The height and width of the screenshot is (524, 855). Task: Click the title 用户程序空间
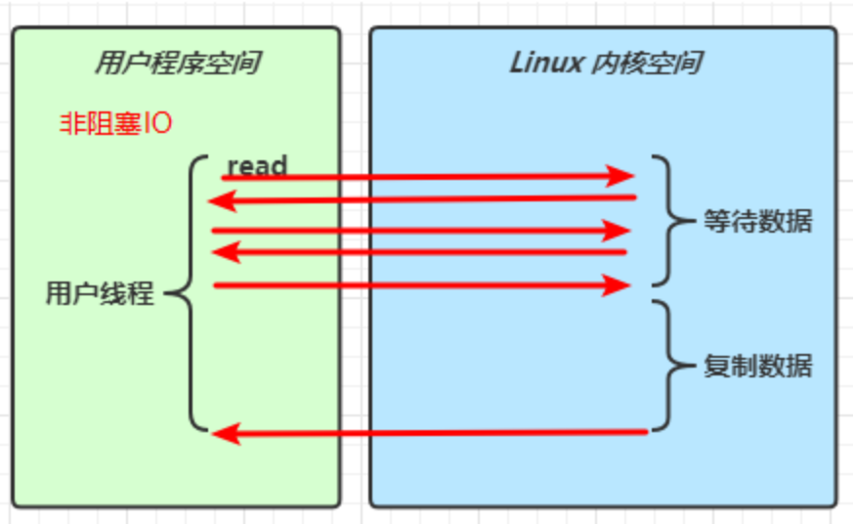tap(177, 65)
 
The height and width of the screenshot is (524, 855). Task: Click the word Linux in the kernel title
tap(547, 64)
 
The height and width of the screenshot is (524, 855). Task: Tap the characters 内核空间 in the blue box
tap(647, 64)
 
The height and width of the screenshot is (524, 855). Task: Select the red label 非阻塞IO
tap(116, 124)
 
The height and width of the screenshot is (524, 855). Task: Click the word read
tap(257, 165)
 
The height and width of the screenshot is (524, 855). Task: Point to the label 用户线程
tap(100, 293)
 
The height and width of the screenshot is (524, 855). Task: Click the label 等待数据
tap(757, 221)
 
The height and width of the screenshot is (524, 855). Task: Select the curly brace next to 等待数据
tap(666, 220)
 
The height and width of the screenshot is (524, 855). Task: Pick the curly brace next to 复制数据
tap(666, 367)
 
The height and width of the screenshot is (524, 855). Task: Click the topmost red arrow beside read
tap(420, 177)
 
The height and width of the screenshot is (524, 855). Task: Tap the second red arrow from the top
tap(420, 200)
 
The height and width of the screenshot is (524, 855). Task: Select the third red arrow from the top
tap(420, 231)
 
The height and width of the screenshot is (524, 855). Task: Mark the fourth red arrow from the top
tap(420, 253)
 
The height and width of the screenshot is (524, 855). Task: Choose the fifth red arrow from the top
tap(420, 285)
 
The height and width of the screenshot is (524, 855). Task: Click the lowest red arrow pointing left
tap(430, 432)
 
